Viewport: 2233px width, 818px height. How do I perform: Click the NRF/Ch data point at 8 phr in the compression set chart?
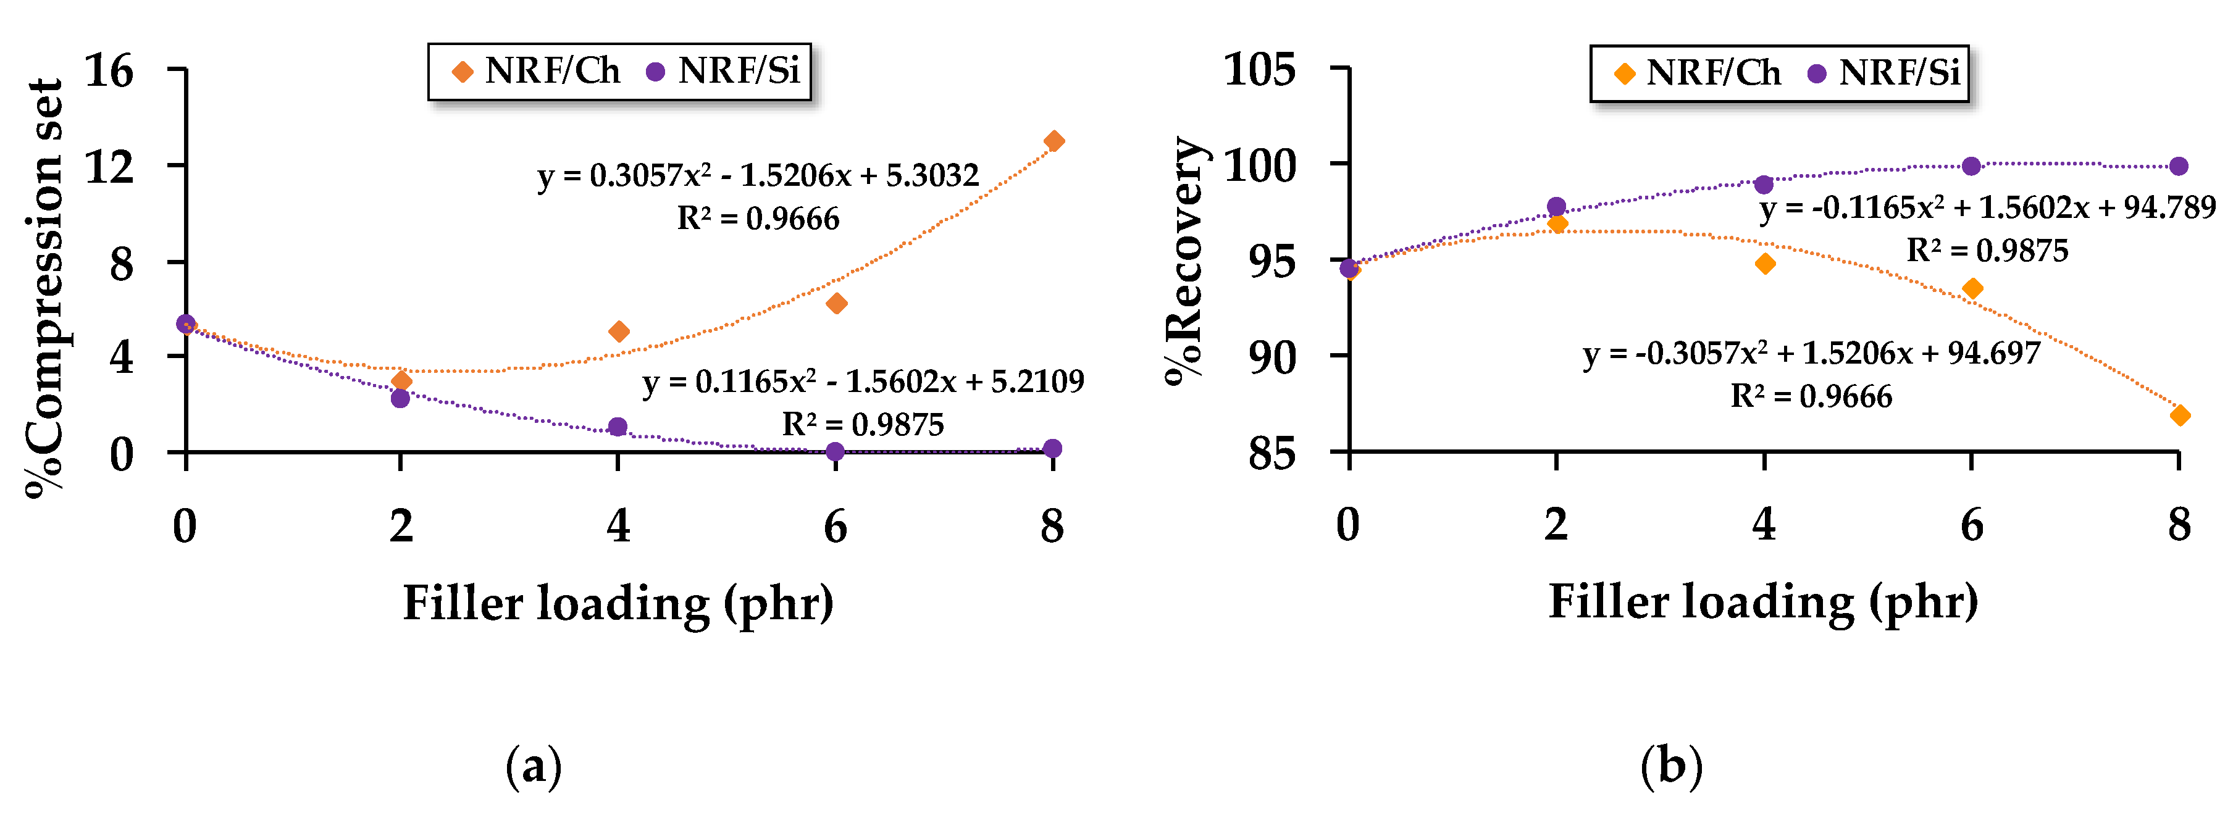(x=1054, y=141)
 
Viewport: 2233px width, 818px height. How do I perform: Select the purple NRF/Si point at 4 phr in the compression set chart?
(x=618, y=427)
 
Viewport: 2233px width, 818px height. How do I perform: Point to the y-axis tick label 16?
(x=109, y=70)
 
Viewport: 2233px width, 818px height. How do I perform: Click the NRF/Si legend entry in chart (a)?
(x=724, y=71)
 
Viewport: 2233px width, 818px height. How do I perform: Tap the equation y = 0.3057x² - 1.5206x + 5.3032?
(x=758, y=176)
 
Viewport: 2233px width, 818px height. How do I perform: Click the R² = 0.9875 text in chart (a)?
(x=863, y=425)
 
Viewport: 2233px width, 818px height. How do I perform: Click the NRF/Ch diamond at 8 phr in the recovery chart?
(x=2180, y=415)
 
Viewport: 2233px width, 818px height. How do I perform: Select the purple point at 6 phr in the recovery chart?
(x=1971, y=166)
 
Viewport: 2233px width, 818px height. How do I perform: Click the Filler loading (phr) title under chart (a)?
(x=618, y=603)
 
